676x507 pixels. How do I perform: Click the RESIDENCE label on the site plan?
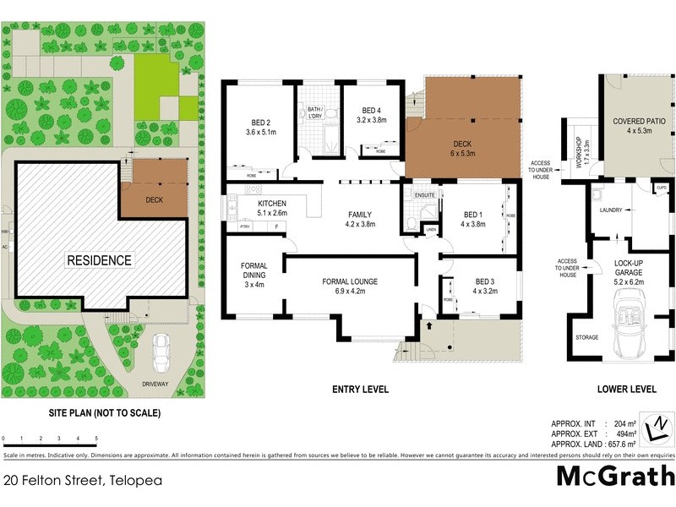[99, 260]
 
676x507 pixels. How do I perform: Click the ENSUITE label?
[425, 195]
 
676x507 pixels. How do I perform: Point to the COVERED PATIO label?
[639, 126]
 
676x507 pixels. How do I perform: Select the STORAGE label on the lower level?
[587, 337]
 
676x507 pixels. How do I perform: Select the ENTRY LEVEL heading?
[360, 389]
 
